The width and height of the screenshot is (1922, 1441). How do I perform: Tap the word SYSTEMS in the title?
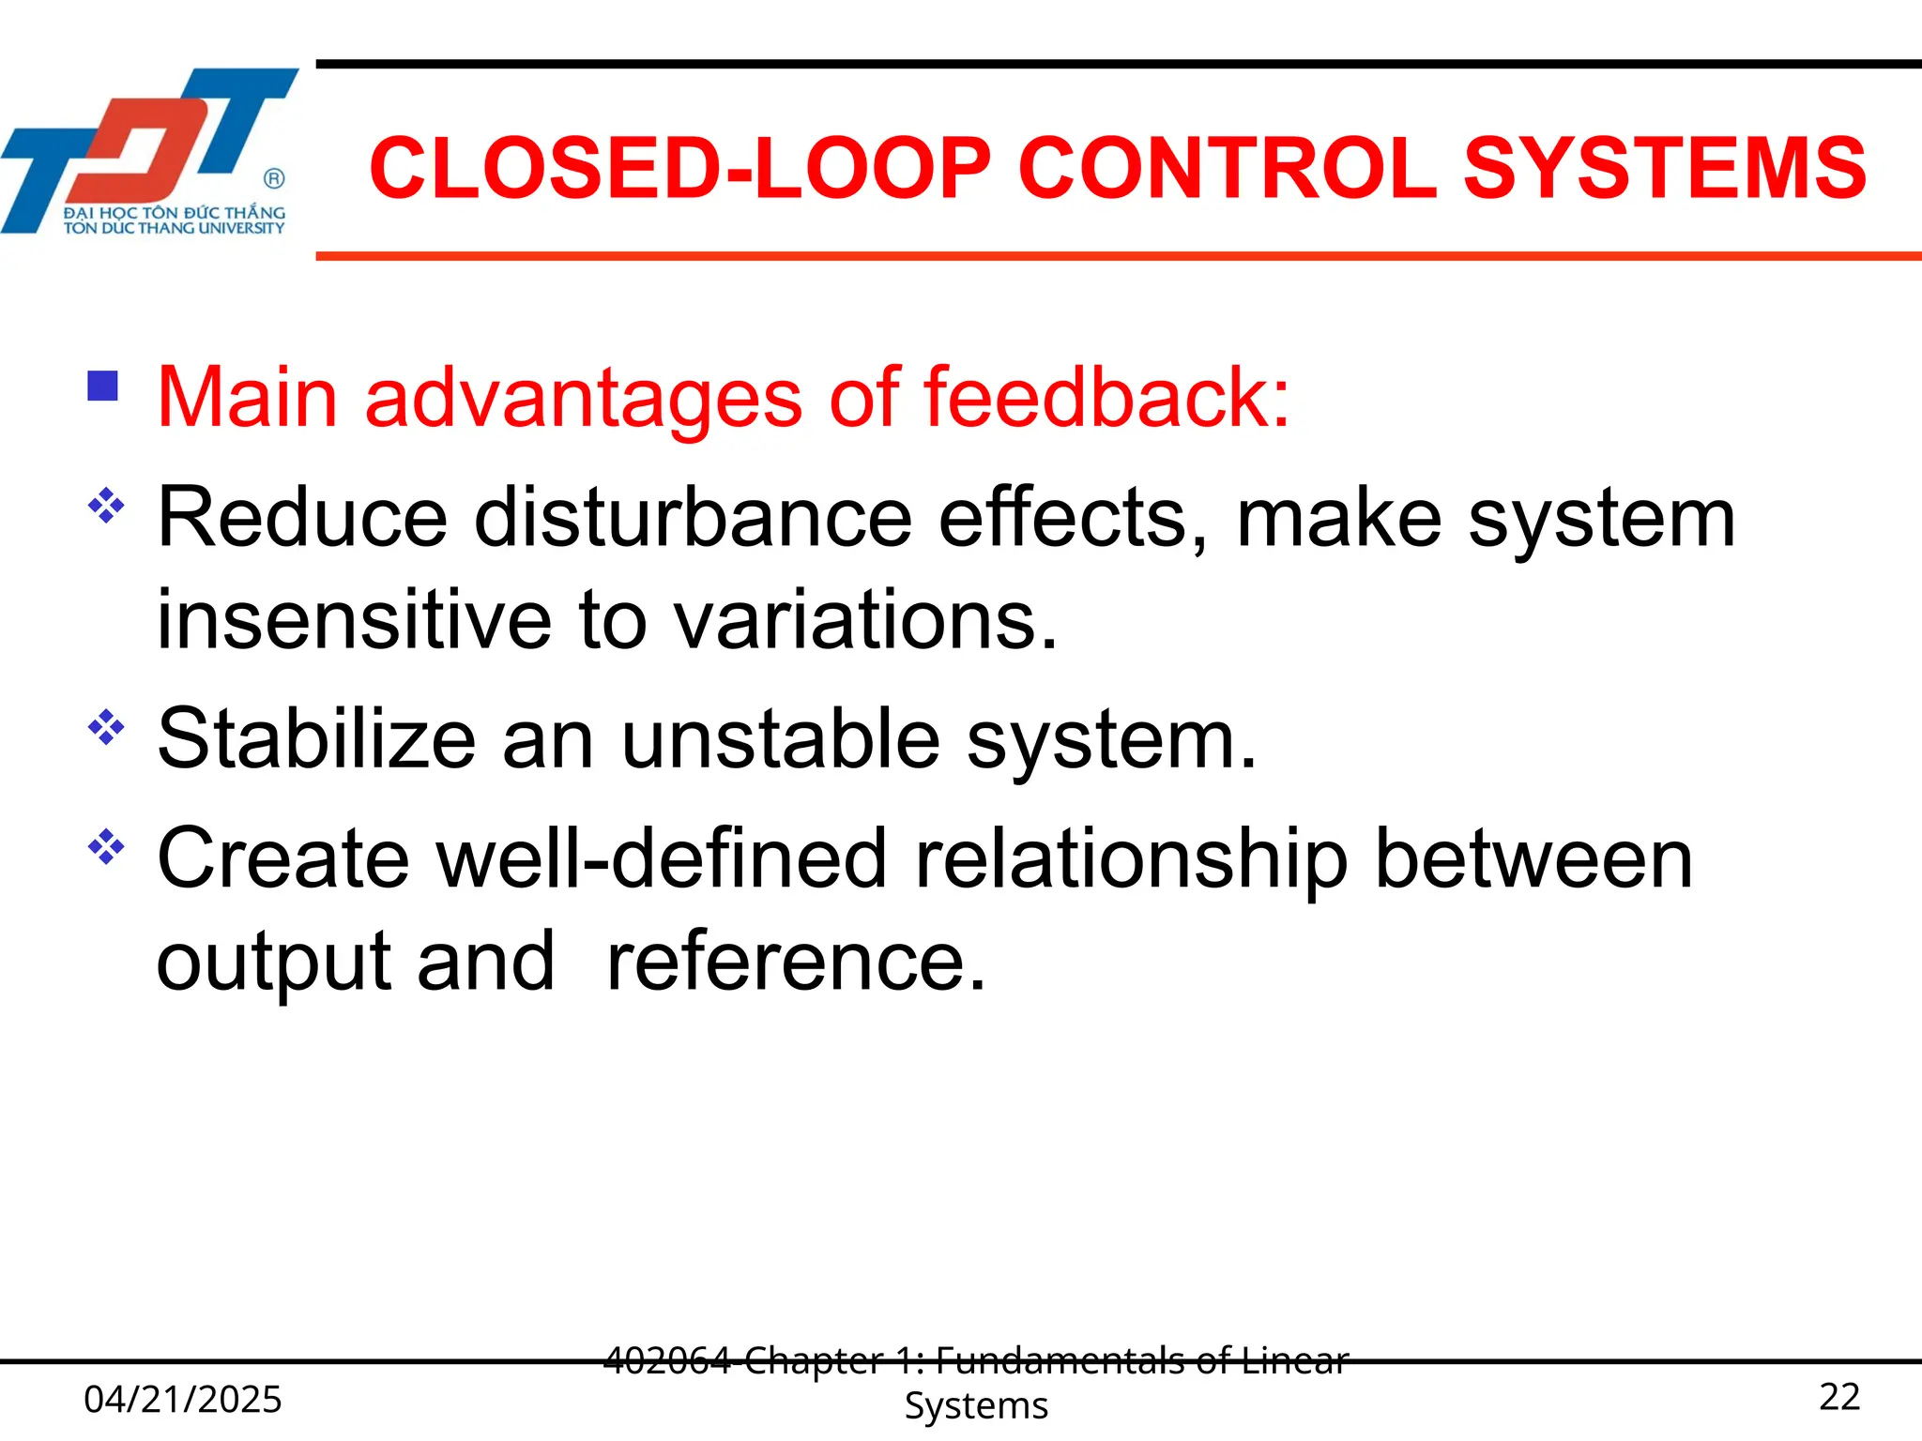point(1665,169)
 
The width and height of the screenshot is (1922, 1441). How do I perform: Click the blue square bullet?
point(102,387)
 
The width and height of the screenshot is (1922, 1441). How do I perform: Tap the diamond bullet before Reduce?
point(106,506)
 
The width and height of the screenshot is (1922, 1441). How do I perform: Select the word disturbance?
point(693,518)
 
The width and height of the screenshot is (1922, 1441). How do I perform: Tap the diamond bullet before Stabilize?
point(106,727)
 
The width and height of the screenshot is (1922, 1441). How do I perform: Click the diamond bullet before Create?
point(106,847)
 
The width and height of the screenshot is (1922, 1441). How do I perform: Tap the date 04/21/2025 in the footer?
point(182,1399)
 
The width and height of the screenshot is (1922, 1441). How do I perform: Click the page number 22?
point(1838,1397)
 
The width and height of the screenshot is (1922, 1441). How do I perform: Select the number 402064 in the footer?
point(666,1359)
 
